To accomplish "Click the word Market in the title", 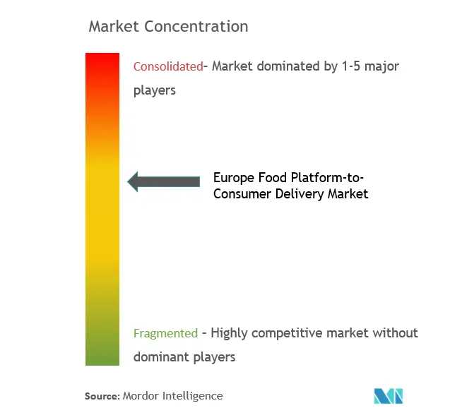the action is [x=114, y=26].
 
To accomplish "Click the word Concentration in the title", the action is [x=196, y=26].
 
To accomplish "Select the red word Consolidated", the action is [x=168, y=66].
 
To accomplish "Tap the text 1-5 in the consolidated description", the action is [x=350, y=66].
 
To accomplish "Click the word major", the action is [x=381, y=67].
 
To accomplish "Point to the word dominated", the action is [x=288, y=66].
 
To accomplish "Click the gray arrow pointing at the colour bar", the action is [x=164, y=181].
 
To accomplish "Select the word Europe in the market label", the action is [x=234, y=178].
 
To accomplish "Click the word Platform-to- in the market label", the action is [x=328, y=177].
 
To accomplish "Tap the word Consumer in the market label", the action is [x=242, y=194].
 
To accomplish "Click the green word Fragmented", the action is [x=165, y=333].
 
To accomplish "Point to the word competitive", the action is [x=286, y=334].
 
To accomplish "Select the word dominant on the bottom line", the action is [x=161, y=357].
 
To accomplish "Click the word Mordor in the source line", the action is [x=141, y=396].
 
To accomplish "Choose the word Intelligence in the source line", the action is [x=193, y=397].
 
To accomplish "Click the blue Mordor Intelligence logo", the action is [x=389, y=396].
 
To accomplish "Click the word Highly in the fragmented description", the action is [x=229, y=334].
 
